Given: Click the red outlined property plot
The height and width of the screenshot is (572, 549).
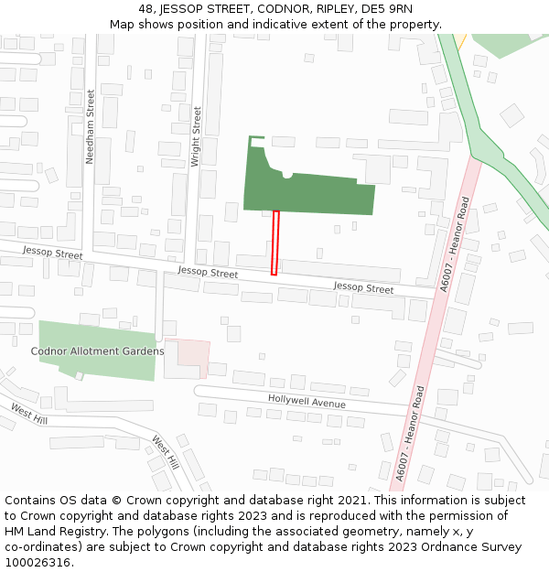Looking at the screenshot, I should [x=274, y=243].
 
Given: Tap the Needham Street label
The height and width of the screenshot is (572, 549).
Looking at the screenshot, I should [x=90, y=127].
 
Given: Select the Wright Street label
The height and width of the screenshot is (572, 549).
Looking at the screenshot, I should [x=195, y=136].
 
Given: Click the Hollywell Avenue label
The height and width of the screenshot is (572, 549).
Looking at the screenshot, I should [x=307, y=402].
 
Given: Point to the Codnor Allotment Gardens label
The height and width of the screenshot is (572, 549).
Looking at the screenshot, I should [x=98, y=351].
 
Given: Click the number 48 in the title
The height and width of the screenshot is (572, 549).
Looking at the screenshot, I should [x=145, y=9].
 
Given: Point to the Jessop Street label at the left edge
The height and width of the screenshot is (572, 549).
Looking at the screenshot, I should [x=53, y=252].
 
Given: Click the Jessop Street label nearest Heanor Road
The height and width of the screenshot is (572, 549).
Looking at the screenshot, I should [x=363, y=288].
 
